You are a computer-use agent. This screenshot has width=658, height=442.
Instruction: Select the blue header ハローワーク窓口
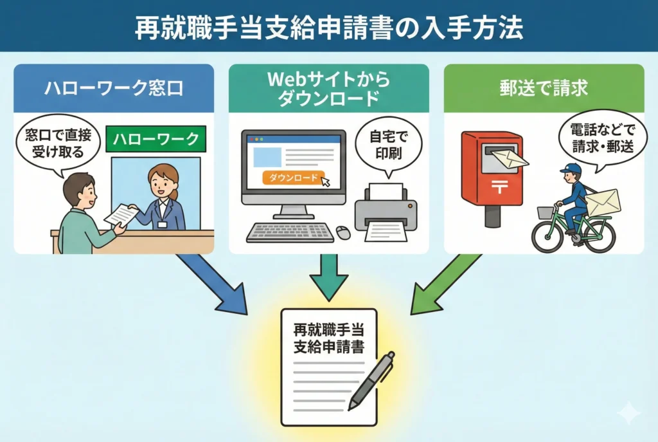(114, 88)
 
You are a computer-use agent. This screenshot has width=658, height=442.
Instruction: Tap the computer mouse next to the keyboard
(344, 232)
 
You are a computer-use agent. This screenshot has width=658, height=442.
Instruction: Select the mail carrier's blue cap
(571, 169)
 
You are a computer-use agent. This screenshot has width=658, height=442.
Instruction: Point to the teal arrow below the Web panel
(328, 277)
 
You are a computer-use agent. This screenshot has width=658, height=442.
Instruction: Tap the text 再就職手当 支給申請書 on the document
(328, 338)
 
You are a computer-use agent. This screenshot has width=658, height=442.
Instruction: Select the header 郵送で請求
(543, 88)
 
